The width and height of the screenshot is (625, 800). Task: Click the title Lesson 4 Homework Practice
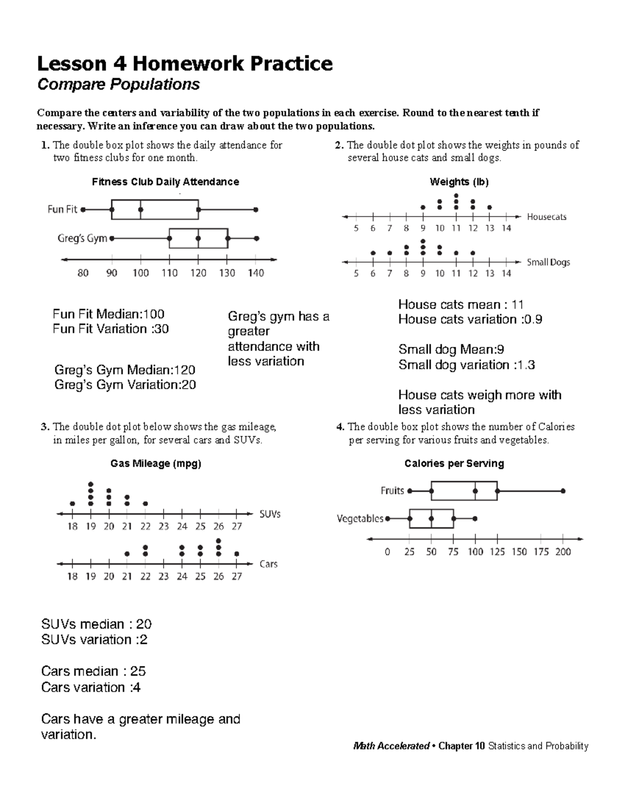[x=184, y=64]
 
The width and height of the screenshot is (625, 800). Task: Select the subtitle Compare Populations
[x=118, y=84]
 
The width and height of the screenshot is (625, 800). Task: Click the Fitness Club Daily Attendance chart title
[x=165, y=182]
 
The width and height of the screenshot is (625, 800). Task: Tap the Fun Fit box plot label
[x=62, y=209]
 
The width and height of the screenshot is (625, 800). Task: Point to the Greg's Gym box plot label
[x=82, y=239]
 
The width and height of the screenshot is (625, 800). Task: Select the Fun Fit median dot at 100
[x=141, y=209]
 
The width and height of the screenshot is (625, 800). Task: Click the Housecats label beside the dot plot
[x=546, y=217]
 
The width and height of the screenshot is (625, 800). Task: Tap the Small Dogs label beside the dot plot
[x=548, y=262]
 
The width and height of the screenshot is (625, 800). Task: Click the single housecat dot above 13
[x=490, y=207]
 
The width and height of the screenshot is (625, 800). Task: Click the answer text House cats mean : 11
[x=460, y=305]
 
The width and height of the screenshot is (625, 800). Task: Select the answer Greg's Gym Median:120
[x=124, y=370]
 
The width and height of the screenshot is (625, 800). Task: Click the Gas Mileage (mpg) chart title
[x=155, y=464]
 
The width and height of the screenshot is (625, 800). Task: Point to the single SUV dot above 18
[x=72, y=504]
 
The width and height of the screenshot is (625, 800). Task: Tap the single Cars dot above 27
[x=237, y=554]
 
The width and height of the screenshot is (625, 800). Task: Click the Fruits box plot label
[x=392, y=491]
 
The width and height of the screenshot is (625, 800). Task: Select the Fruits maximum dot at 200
[x=563, y=491]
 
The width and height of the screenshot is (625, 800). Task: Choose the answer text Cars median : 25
[x=93, y=671]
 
